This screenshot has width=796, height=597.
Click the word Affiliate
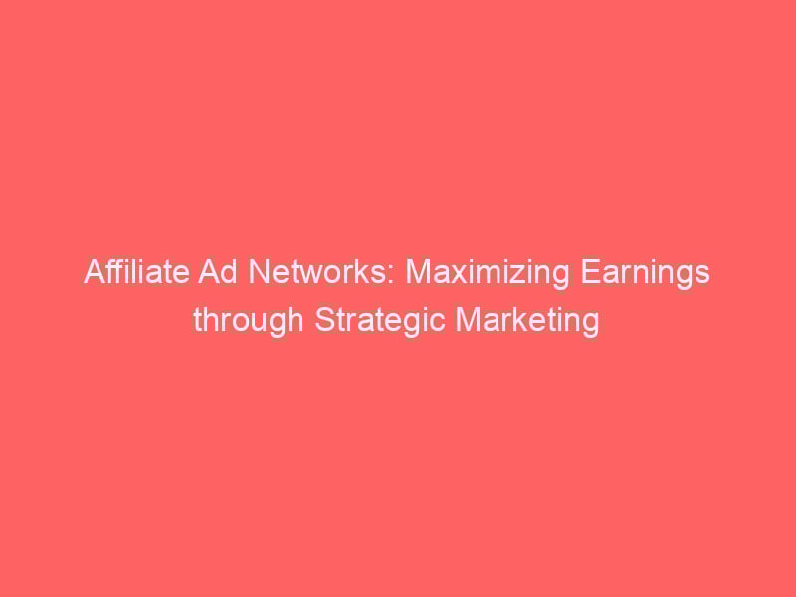pos(136,271)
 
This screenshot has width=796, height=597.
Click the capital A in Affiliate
pos(95,272)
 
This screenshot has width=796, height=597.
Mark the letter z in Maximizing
pos(516,276)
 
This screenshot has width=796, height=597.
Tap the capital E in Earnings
pos(589,272)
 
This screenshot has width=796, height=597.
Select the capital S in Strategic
pos(325,320)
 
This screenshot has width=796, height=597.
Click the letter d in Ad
pos(230,272)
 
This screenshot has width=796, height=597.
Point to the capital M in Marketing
pos(467,320)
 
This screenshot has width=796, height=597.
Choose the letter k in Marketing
pos(524,320)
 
